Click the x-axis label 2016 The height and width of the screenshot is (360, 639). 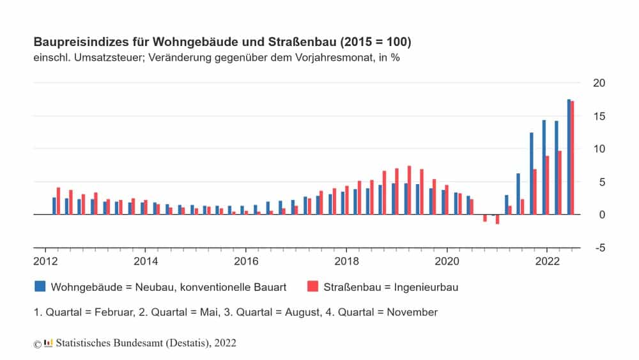point(246,261)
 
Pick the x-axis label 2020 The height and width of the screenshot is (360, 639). point(447,261)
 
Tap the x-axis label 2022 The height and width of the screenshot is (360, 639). point(547,261)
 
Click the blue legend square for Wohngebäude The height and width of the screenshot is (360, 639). point(40,286)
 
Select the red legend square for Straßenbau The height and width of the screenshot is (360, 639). point(312,286)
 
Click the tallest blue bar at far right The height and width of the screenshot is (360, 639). point(569,157)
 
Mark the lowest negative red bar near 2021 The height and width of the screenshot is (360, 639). point(497,219)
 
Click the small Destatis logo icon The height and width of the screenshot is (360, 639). point(48,343)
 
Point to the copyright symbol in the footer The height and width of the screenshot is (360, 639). point(37,343)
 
